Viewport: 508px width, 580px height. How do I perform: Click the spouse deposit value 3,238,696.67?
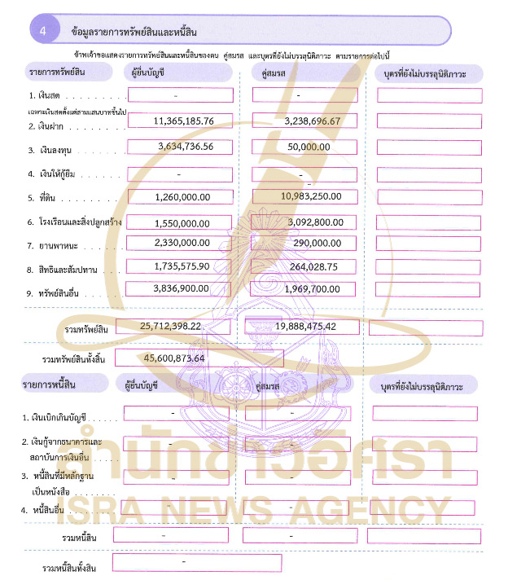point(302,121)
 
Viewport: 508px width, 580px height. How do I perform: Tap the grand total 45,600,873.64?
point(163,357)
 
